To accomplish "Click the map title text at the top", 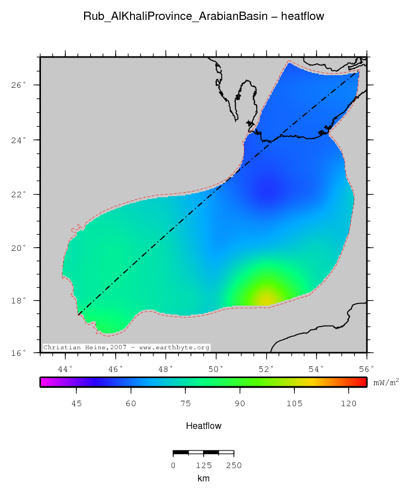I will pyautogui.click(x=204, y=17).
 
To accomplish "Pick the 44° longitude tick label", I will pyautogui.click(x=65, y=368).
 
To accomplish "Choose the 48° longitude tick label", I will pyautogui.click(x=166, y=368).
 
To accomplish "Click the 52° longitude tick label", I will pyautogui.click(x=266, y=368).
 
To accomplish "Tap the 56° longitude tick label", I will pyautogui.click(x=366, y=368).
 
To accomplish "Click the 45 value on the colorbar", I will pyautogui.click(x=77, y=405).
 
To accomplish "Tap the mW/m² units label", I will pyautogui.click(x=386, y=382).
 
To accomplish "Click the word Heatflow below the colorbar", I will pyautogui.click(x=204, y=426).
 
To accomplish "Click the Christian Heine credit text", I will pyautogui.click(x=127, y=348).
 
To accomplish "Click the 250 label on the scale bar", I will pyautogui.click(x=233, y=465).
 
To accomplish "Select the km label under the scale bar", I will pyautogui.click(x=204, y=478).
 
